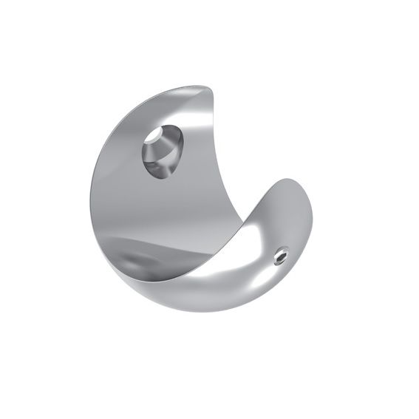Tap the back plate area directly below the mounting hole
(x=163, y=207)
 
